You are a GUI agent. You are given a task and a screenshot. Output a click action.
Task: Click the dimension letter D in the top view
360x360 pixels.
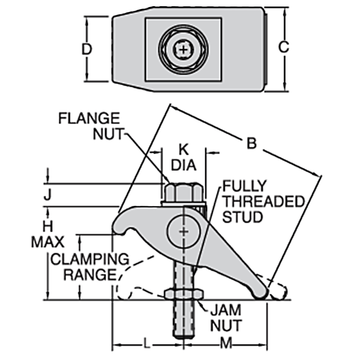point(86,49)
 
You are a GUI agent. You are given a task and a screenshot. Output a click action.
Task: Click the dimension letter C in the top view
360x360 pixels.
point(283,47)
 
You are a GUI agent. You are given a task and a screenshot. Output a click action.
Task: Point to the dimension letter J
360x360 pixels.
point(47,196)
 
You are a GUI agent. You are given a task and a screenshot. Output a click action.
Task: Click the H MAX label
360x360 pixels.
point(47,234)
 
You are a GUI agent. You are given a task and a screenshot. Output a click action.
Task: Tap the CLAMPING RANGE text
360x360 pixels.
point(89,267)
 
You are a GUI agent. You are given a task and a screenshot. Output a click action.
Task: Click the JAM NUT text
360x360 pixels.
point(225,318)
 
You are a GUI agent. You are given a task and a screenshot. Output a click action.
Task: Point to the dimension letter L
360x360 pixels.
point(146,343)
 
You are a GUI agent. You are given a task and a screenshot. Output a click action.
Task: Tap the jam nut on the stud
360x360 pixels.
point(184,294)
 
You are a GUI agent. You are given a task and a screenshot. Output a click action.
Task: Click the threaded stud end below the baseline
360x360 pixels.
point(184,324)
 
